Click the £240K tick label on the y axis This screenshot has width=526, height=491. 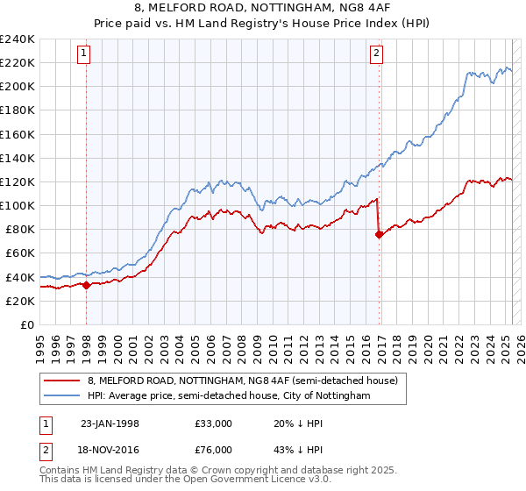18,39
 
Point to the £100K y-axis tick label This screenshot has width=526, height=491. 18,205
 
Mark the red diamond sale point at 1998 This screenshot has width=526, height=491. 87,285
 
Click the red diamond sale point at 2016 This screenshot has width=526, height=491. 379,234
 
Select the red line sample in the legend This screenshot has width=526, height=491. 61,381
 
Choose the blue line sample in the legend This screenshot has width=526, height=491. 61,396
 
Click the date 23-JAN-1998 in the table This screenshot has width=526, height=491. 111,423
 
